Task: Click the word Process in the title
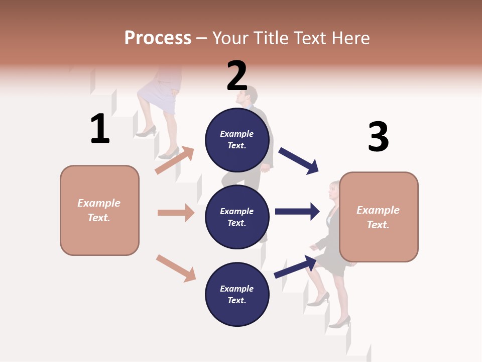[x=158, y=38]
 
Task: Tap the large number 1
[x=100, y=129]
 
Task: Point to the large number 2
[x=237, y=76]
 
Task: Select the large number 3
[x=378, y=137]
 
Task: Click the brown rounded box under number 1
[x=99, y=210]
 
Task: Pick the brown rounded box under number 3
[x=379, y=217]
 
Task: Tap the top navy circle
[x=237, y=140]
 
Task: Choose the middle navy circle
[x=237, y=217]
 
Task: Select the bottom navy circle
[x=237, y=294]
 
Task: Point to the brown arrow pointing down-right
[x=176, y=267]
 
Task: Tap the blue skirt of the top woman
[x=157, y=96]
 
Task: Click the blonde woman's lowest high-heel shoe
[x=341, y=322]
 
